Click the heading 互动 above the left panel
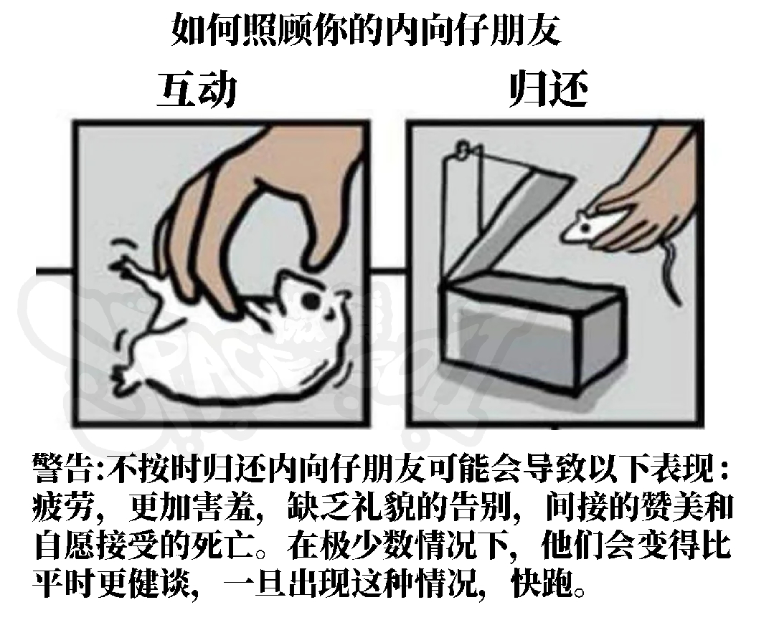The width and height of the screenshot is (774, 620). point(197,90)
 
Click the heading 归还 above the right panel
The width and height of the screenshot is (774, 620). point(549,90)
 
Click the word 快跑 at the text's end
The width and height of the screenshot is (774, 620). point(543,584)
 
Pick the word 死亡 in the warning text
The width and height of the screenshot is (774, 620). point(225,545)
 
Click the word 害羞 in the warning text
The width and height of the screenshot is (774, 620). point(225,507)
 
